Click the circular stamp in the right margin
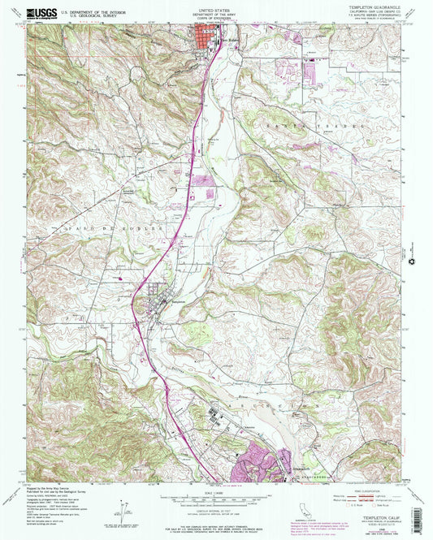[x=418, y=261]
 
